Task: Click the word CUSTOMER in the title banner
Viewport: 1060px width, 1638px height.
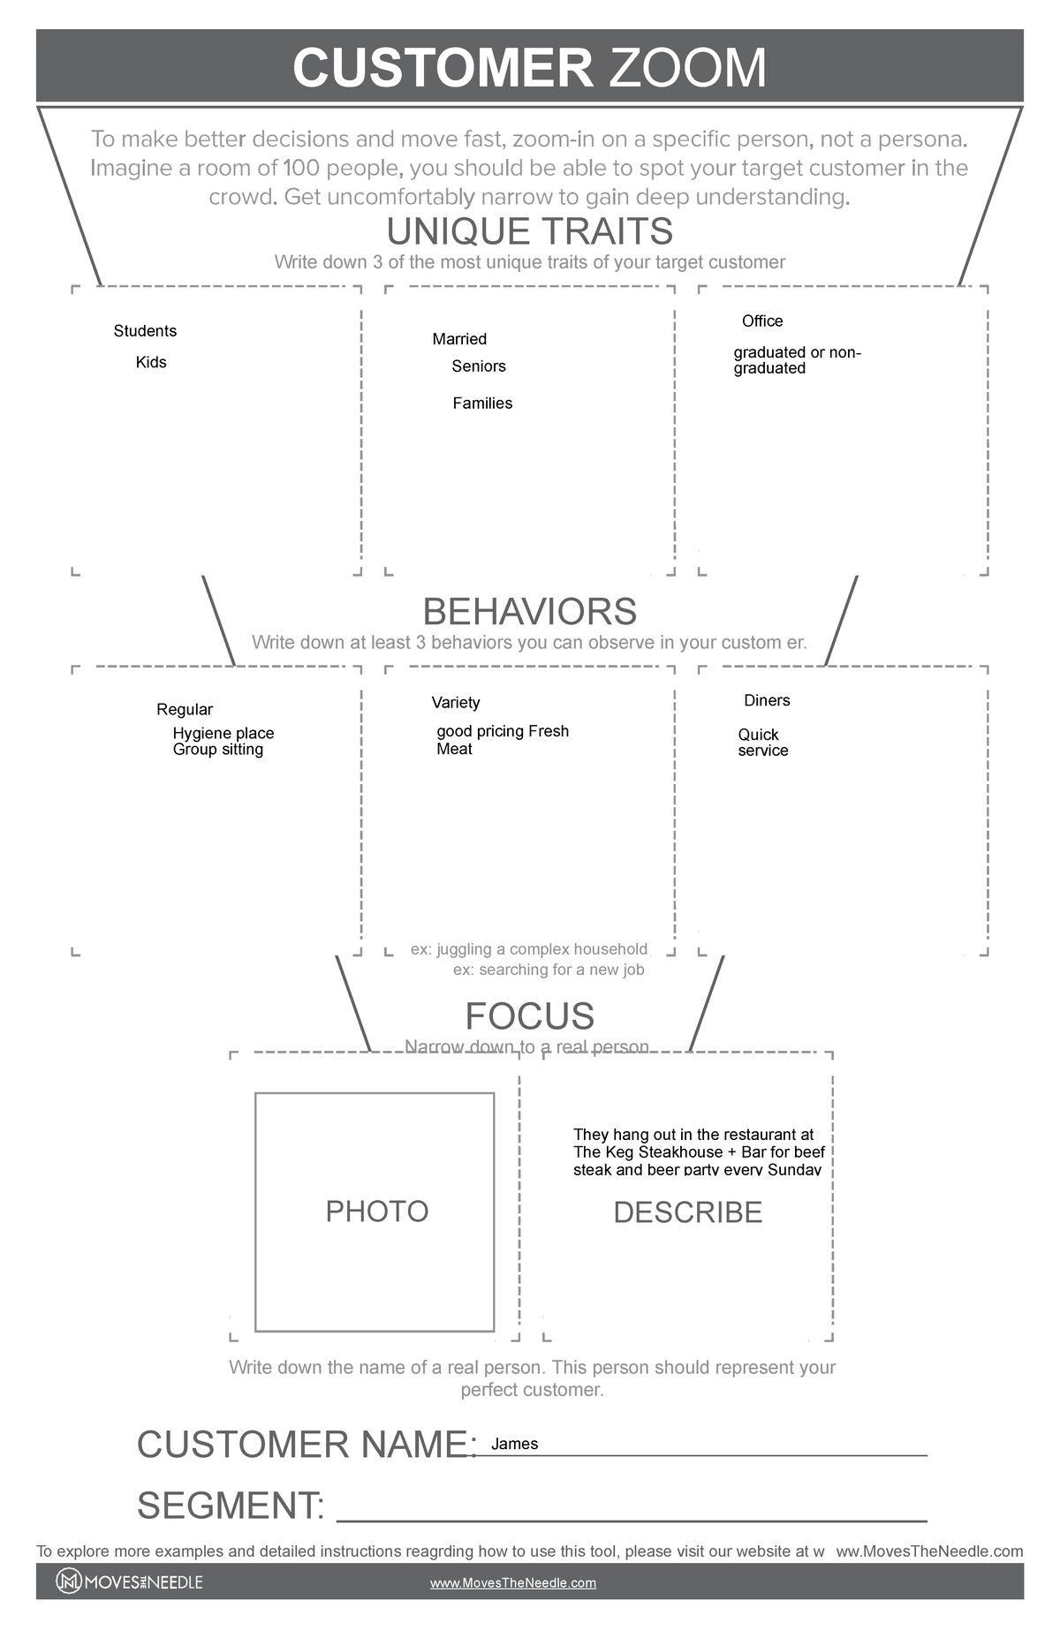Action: (443, 68)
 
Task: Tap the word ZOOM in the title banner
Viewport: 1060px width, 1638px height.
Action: (687, 68)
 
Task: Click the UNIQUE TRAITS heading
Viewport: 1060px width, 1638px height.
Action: (529, 231)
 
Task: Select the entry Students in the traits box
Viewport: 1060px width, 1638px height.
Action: (145, 331)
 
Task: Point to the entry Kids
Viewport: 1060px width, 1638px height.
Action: (151, 362)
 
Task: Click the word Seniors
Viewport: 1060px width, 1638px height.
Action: (479, 366)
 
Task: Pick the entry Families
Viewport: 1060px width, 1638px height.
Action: (482, 404)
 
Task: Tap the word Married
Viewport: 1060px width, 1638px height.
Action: (459, 339)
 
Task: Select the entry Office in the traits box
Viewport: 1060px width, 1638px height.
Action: (762, 321)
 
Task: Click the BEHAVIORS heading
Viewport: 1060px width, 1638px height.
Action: (529, 612)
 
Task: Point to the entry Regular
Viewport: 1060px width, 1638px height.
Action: (185, 710)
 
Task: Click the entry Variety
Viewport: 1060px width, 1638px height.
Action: (456, 703)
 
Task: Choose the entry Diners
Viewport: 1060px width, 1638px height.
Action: (767, 701)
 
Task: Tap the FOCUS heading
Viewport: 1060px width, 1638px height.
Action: (529, 1016)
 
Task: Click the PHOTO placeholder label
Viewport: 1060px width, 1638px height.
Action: (377, 1212)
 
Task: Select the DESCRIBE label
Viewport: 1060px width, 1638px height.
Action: (687, 1212)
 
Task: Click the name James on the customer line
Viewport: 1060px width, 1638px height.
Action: (515, 1445)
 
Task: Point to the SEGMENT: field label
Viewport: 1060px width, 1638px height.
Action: (231, 1506)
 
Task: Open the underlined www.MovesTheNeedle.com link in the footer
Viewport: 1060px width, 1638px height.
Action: (512, 1583)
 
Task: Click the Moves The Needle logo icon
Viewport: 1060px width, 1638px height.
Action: (68, 1581)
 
